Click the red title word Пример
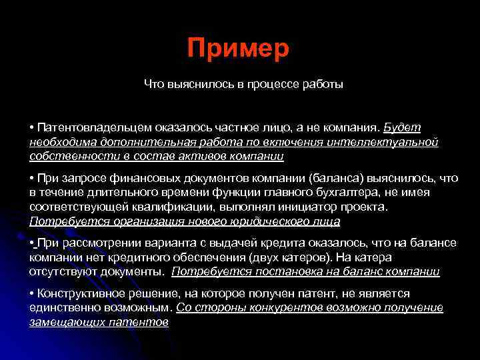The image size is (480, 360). coord(239,49)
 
